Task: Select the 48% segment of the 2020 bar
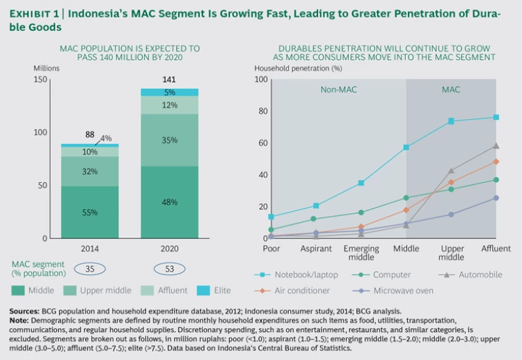click(169, 202)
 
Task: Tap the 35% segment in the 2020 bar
click(169, 140)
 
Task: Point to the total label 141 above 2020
click(169, 79)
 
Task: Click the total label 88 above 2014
click(90, 135)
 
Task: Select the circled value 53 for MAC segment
click(169, 269)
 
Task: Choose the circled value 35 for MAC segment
click(90, 269)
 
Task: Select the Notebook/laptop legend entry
click(299, 274)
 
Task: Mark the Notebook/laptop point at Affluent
click(496, 117)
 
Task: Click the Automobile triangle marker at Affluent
click(496, 145)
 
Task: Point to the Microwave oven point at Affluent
click(496, 198)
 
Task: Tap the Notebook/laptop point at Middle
click(406, 147)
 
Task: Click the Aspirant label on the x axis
click(316, 249)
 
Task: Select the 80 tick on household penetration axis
click(262, 111)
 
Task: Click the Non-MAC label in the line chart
click(338, 89)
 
